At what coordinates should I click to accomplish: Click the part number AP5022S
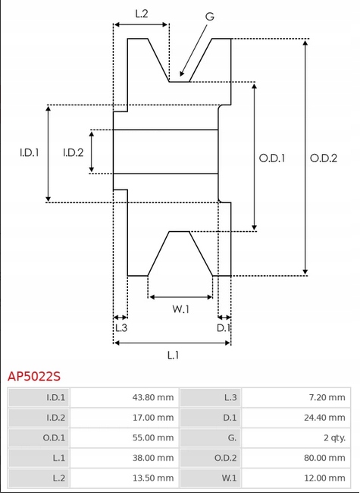point(34,375)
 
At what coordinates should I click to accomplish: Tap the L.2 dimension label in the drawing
point(141,13)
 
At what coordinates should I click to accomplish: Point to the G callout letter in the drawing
point(208,16)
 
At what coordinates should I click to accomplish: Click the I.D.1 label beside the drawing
point(30,152)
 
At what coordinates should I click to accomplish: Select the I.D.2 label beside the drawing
point(73,152)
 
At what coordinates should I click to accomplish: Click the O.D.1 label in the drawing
point(271,158)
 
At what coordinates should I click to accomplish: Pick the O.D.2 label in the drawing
point(324,158)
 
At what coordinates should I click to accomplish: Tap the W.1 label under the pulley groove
point(180,309)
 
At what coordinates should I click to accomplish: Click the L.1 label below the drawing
point(172,354)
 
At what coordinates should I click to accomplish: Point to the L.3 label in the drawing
point(121,327)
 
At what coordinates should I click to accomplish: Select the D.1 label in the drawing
point(223,327)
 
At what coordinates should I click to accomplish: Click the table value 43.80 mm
point(152,397)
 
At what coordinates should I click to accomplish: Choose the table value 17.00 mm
point(152,418)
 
